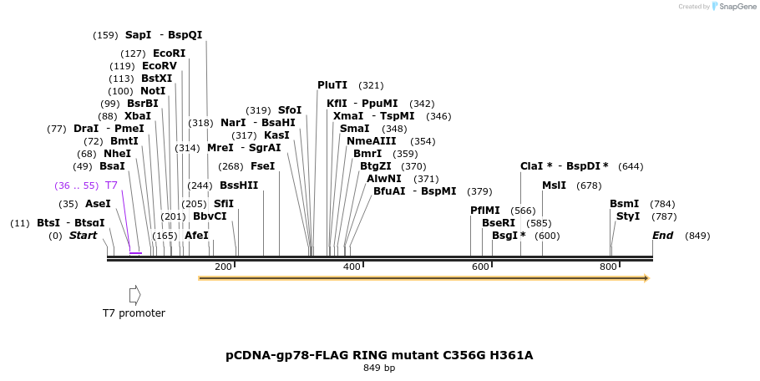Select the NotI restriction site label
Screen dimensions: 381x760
coord(153,91)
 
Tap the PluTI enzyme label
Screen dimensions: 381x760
coord(332,85)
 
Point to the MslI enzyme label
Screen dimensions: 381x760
coord(554,185)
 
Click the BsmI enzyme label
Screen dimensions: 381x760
coord(624,204)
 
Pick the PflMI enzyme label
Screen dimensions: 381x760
coord(485,211)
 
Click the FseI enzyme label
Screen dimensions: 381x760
coord(263,165)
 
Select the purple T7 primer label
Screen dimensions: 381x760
coord(111,185)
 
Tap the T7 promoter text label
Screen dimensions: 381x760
coord(134,313)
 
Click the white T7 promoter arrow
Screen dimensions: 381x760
coord(134,295)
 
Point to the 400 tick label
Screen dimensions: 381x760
coord(352,267)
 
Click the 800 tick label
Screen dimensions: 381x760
coord(608,267)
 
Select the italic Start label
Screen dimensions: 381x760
coord(83,236)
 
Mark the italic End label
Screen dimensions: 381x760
coord(662,236)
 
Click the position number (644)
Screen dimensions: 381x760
coord(631,166)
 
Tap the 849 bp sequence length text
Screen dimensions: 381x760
coord(379,368)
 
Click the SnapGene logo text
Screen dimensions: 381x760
coord(737,7)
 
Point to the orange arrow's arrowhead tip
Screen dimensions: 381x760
coord(648,277)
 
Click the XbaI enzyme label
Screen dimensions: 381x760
coord(138,116)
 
